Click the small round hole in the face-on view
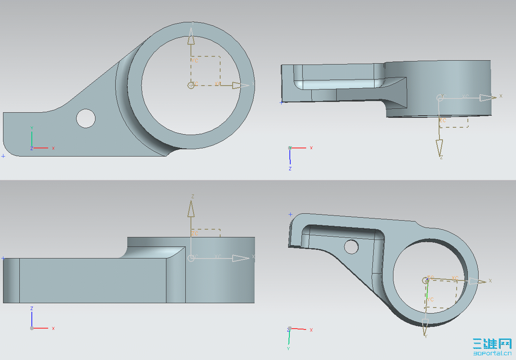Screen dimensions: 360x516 pos(86,118)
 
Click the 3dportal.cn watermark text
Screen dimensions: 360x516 pos(492,353)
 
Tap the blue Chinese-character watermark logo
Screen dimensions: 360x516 pos(492,344)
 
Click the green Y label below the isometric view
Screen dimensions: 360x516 pos(288,348)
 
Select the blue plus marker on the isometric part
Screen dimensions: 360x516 pos(290,214)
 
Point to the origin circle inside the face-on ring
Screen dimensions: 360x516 pos(191,85)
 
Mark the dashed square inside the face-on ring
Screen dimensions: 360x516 pos(206,71)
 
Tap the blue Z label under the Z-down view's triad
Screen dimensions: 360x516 pos(290,169)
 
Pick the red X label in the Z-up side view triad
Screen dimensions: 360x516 pos(53,328)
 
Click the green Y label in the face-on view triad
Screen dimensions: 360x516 pos(32,128)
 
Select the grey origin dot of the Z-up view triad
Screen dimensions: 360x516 pos(32,328)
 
